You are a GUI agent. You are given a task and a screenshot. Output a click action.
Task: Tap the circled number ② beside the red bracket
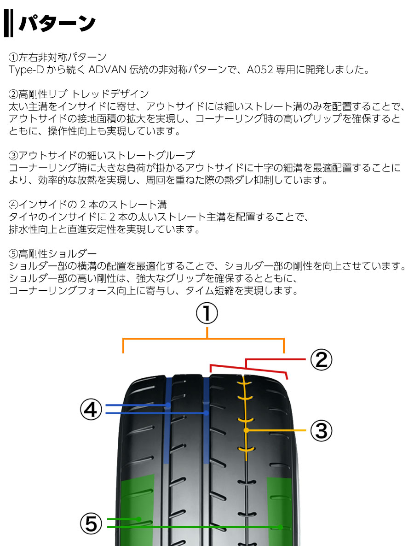(x=321, y=359)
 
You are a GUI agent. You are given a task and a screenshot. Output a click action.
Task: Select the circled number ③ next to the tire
(x=321, y=430)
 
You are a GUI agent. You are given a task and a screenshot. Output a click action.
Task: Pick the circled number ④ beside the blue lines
(x=91, y=409)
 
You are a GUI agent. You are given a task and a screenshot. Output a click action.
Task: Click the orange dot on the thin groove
(x=247, y=430)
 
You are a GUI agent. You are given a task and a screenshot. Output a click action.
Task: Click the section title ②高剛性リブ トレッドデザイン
(x=79, y=94)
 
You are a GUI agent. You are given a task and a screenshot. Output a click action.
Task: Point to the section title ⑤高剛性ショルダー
(x=52, y=254)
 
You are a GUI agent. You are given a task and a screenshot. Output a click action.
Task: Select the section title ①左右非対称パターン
(x=57, y=58)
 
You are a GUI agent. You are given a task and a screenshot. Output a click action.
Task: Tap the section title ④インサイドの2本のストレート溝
(x=87, y=204)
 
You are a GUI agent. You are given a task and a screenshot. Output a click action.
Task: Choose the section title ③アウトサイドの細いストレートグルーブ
(x=101, y=154)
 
